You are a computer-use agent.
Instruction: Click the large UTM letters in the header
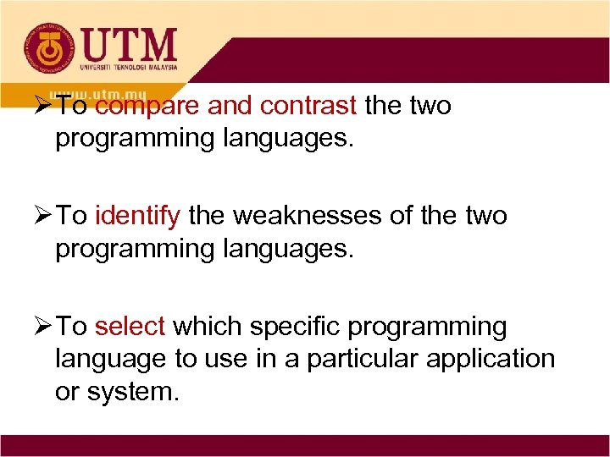[x=130, y=43]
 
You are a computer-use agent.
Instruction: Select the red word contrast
[x=309, y=107]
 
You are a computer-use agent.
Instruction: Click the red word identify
[x=137, y=217]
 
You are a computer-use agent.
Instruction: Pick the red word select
[x=132, y=327]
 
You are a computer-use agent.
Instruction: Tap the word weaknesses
[x=308, y=217]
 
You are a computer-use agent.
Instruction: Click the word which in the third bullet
[x=200, y=327]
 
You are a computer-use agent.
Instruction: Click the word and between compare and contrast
[x=230, y=107]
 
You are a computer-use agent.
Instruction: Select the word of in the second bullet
[x=402, y=217]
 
